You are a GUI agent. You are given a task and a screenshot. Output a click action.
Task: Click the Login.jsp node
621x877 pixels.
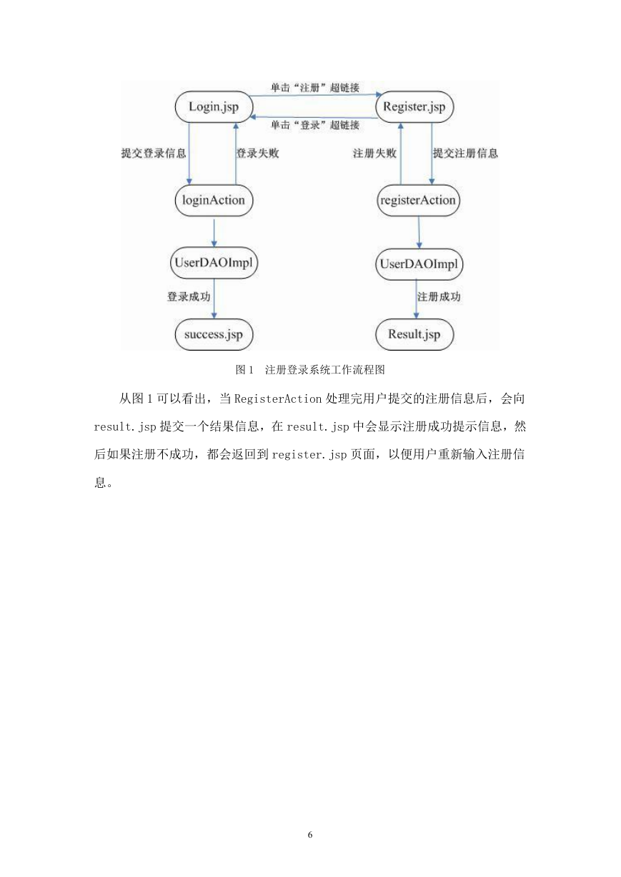[214, 106]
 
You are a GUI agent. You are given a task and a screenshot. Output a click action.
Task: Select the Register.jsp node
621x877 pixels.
[414, 106]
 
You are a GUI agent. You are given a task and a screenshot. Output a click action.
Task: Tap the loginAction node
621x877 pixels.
[214, 200]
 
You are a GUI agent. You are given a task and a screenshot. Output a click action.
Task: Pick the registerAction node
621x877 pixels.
[418, 200]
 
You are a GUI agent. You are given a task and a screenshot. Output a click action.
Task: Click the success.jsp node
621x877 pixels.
[214, 334]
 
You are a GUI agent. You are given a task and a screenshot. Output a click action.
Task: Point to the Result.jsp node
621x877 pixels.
[414, 334]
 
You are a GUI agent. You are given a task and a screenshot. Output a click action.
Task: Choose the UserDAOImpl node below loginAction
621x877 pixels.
[214, 262]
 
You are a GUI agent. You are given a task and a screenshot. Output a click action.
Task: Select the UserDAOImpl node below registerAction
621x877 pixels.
[419, 264]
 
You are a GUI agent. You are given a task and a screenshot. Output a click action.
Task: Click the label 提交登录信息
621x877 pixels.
[153, 153]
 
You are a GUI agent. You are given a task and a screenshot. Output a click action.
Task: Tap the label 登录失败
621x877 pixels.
[257, 153]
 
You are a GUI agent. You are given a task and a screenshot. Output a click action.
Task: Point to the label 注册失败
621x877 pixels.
[374, 153]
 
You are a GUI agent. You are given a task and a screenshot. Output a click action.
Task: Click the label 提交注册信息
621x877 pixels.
[465, 153]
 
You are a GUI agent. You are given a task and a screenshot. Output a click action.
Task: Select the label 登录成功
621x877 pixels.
[189, 297]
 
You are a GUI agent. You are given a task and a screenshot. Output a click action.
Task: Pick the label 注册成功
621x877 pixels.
[439, 297]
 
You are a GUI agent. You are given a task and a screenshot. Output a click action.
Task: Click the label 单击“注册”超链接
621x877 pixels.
[315, 87]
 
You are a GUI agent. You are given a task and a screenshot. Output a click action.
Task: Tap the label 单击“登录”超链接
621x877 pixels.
[315, 125]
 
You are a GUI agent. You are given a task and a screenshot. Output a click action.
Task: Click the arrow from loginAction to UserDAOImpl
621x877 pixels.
[214, 233]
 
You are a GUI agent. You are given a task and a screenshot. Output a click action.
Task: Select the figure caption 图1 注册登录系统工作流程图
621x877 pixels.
[310, 370]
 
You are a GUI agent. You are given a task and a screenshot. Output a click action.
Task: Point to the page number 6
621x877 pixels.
[310, 835]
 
